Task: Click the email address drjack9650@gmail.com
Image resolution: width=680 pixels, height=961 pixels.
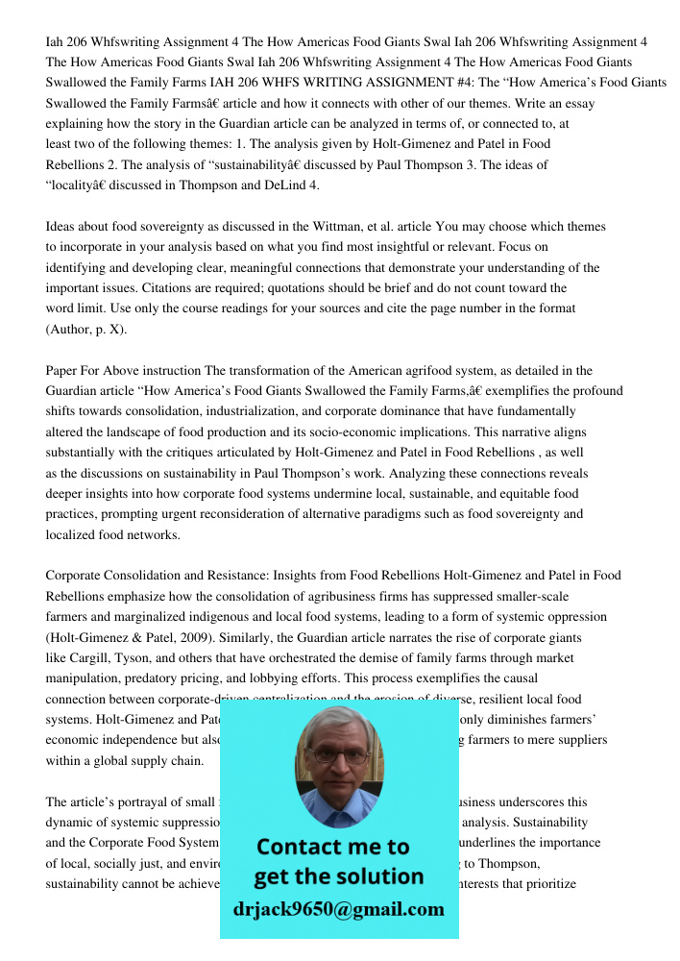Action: click(338, 909)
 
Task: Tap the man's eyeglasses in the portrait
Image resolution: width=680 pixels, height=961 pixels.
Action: click(338, 754)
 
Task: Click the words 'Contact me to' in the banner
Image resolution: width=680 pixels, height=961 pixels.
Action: click(333, 847)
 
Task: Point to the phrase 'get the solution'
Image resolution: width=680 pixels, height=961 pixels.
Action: click(338, 876)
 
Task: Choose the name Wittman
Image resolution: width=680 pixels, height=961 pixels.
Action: click(341, 227)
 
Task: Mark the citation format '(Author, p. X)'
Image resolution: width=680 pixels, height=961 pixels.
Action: click(86, 330)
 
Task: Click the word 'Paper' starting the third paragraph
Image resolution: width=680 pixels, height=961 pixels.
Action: click(63, 370)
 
